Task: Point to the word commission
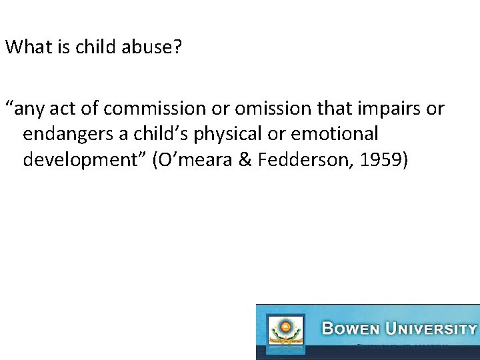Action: pos(160,109)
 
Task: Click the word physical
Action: pos(226,134)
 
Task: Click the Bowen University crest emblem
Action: pos(285,331)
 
